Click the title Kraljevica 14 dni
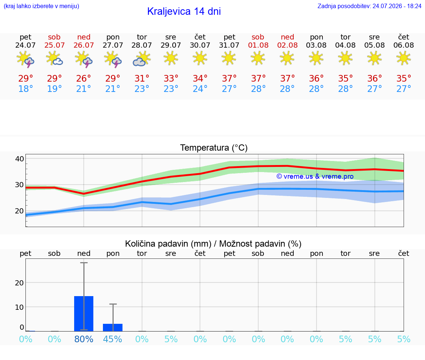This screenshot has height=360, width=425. coord(184,11)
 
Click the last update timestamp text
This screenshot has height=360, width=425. coord(369,6)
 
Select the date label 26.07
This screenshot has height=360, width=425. coord(84,45)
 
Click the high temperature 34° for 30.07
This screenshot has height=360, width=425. coord(200,78)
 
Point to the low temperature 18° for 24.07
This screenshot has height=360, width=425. coord(25,89)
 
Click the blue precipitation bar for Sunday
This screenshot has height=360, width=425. coord(84,313)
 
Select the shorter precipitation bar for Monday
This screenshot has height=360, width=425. coord(113,328)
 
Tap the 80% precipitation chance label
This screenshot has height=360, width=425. coord(84,339)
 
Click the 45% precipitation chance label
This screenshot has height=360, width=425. coord(113,339)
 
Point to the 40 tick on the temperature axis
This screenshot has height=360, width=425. coord(20,159)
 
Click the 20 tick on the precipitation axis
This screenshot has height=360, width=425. coord(20,283)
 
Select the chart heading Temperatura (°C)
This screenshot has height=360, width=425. coord(214,148)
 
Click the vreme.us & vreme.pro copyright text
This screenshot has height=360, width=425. coord(315,176)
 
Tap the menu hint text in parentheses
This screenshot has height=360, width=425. coord(41,6)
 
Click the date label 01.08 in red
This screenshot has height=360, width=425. coord(258,45)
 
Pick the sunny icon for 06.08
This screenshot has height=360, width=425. coord(404,58)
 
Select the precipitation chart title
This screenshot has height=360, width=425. coord(213,244)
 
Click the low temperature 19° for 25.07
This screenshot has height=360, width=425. coord(55,89)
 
